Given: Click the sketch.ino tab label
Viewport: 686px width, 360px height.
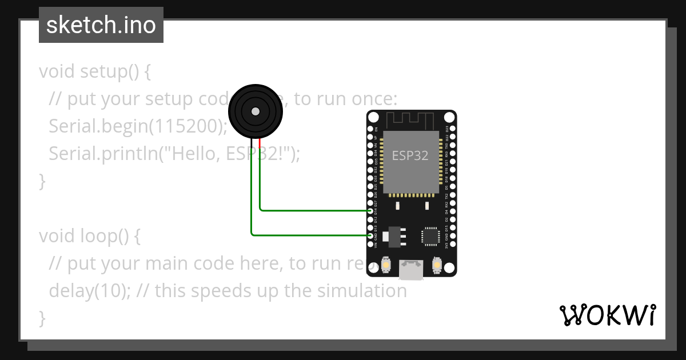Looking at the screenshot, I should click(101, 25).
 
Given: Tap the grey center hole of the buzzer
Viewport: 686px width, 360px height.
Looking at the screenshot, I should click(256, 111).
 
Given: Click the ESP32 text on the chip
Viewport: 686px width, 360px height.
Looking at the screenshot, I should click(410, 155).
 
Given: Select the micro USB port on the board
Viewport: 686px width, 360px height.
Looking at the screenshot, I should click(411, 270).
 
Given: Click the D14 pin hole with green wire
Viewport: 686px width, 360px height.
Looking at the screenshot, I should click(372, 211).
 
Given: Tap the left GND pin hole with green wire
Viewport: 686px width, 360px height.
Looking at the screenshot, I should click(372, 235).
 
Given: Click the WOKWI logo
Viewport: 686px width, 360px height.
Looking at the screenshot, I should click(607, 315).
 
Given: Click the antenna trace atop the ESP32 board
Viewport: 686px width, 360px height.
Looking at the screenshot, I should click(411, 121).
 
